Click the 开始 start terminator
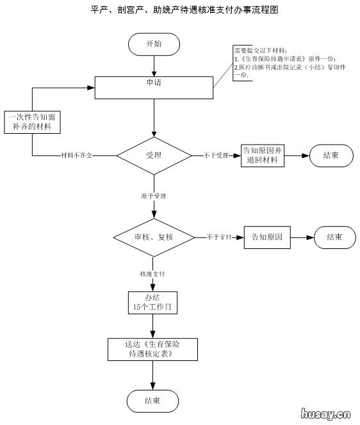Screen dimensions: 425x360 pyautogui.click(x=154, y=44)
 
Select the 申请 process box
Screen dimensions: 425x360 pyautogui.click(x=154, y=88)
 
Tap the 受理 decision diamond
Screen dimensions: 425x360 pyautogui.click(x=154, y=156)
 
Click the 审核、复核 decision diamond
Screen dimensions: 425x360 pyautogui.click(x=154, y=237)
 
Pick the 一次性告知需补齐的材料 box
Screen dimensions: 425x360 pyautogui.click(x=33, y=122)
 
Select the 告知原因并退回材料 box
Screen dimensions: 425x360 pyautogui.click(x=263, y=156)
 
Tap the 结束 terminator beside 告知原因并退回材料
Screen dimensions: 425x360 pyautogui.click(x=331, y=156)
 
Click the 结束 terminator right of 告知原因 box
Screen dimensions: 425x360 pyautogui.click(x=334, y=237)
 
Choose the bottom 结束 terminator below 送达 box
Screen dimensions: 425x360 pyautogui.click(x=152, y=401)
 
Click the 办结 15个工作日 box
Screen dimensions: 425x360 pyautogui.click(x=152, y=303)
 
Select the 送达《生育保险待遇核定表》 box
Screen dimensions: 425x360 pyautogui.click(x=152, y=348)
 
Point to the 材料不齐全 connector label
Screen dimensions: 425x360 pyautogui.click(x=76, y=156)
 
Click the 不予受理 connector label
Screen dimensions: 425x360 pyautogui.click(x=216, y=156)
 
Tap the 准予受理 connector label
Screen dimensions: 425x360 pyautogui.click(x=154, y=196)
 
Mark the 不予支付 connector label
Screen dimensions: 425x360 pyautogui.click(x=218, y=237)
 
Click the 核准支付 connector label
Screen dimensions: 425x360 pyautogui.click(x=153, y=274)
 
